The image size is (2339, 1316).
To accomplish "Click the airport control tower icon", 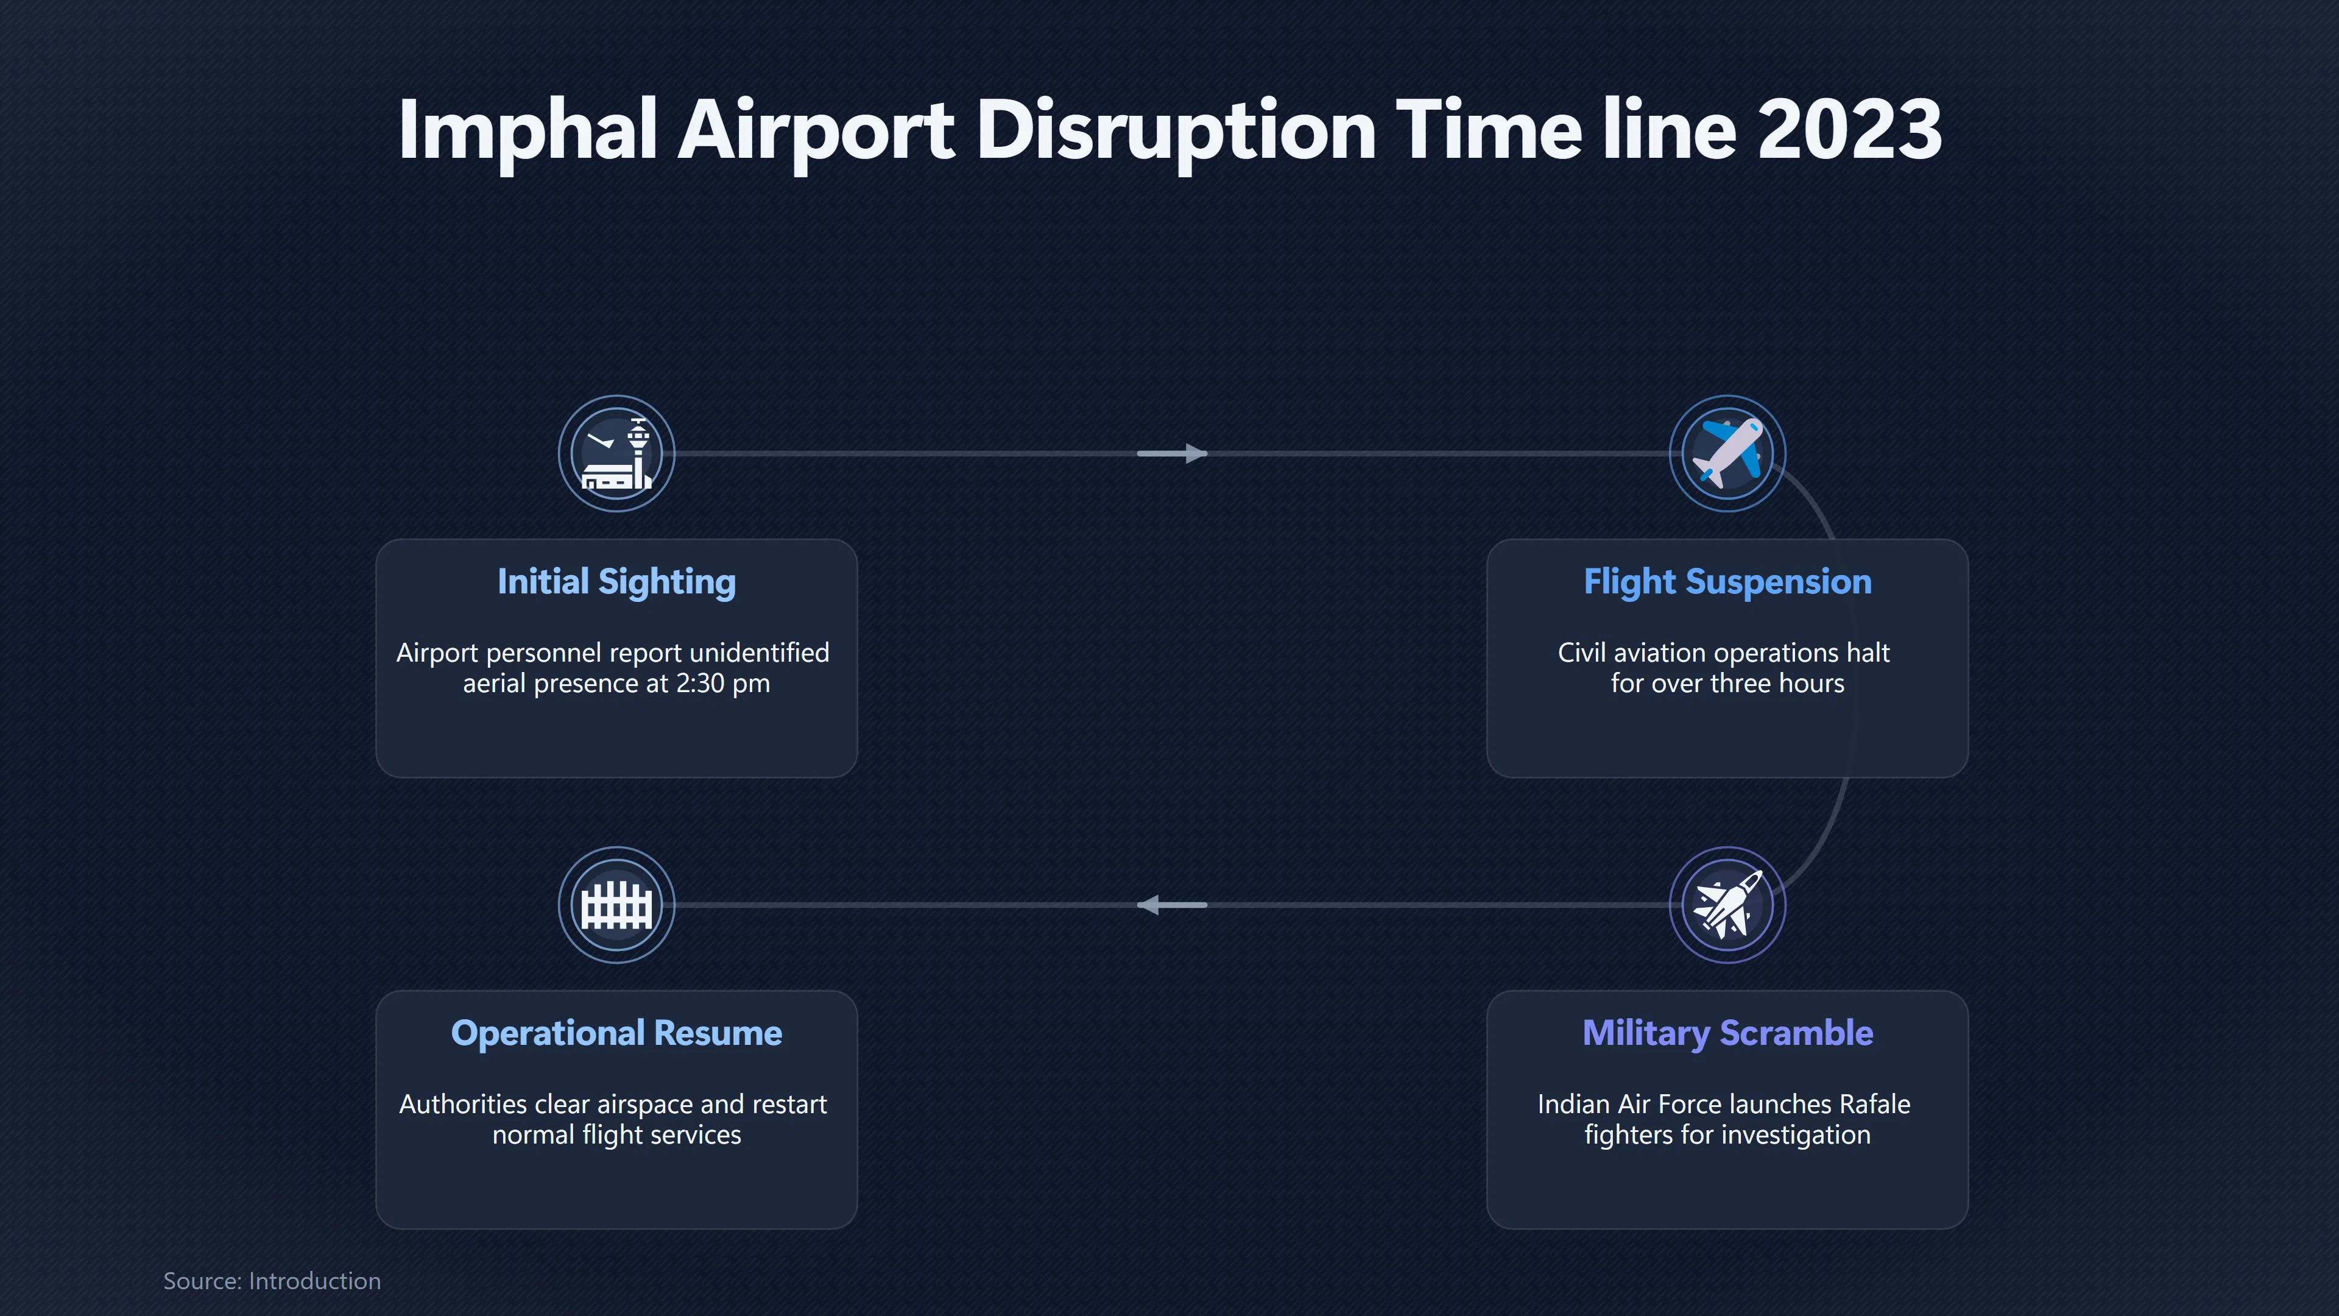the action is (616, 453).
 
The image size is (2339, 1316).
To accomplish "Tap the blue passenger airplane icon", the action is (1728, 453).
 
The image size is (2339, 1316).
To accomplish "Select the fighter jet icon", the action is (1728, 905).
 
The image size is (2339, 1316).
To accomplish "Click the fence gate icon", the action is (616, 905).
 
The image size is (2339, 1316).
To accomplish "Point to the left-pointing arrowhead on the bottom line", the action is (1149, 905).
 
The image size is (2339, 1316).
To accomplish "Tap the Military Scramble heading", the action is (1728, 1033).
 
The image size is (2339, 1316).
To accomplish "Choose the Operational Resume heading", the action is (616, 1033).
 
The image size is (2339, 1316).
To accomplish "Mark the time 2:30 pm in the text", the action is (723, 683).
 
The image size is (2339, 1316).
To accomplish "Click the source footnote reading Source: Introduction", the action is (272, 1281).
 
